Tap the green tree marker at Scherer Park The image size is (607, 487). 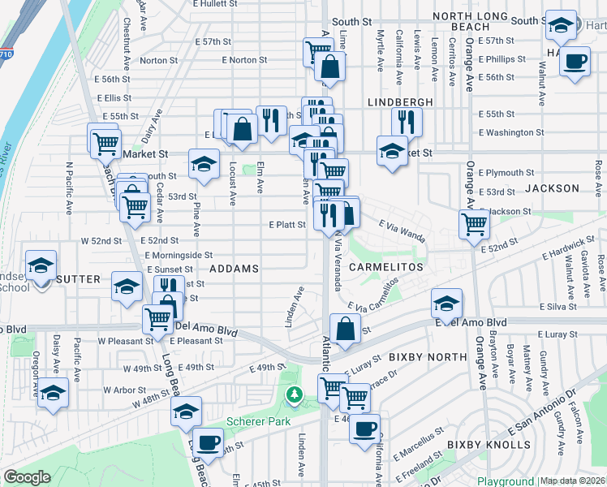pyautogui.click(x=294, y=395)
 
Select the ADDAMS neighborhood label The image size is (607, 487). pyautogui.click(x=234, y=268)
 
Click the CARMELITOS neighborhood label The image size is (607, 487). pyautogui.click(x=387, y=266)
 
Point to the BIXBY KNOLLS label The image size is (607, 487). pyautogui.click(x=488, y=445)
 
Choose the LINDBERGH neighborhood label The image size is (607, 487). pyautogui.click(x=400, y=102)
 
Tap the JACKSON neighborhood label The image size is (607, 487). pyautogui.click(x=552, y=188)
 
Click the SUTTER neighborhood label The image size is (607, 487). pyautogui.click(x=78, y=278)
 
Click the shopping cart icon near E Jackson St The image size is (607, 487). pyautogui.click(x=474, y=222)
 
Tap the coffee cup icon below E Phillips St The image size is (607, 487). pyautogui.click(x=575, y=61)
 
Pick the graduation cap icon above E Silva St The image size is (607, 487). pyautogui.click(x=446, y=303)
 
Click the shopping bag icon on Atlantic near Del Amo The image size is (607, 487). pyautogui.click(x=346, y=329)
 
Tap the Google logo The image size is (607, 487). pyautogui.click(x=27, y=477)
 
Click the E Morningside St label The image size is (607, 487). pyautogui.click(x=179, y=255)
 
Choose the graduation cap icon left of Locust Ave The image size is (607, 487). pyautogui.click(x=204, y=163)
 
